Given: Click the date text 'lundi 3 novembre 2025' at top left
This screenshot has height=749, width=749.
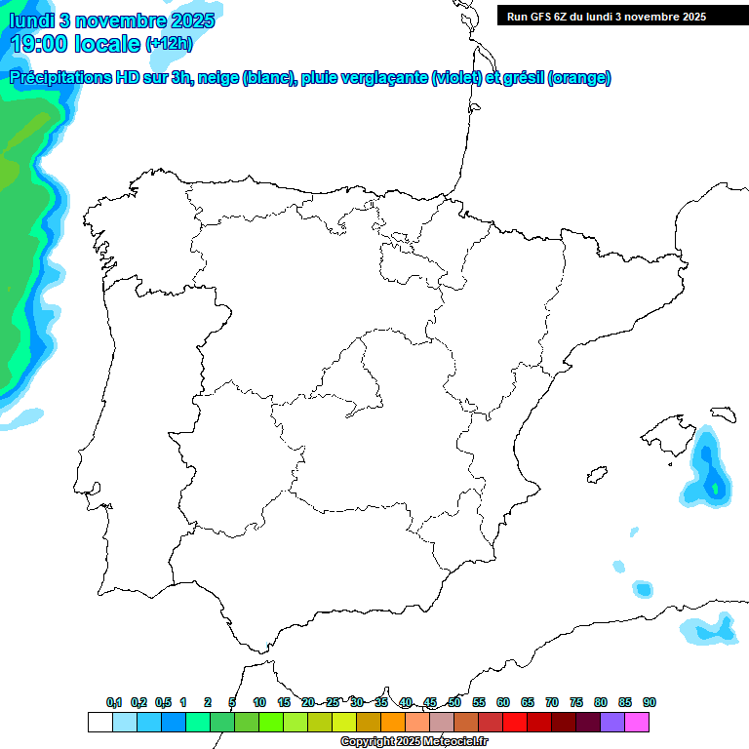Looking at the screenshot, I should (x=112, y=20).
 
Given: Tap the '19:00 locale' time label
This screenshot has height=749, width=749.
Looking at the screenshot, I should (x=76, y=43).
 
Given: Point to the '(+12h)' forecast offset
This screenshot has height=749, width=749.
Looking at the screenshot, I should (x=169, y=44).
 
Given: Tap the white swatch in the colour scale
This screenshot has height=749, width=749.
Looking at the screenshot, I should (x=99, y=723).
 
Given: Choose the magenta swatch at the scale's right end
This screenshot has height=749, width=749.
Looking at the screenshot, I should (x=637, y=723).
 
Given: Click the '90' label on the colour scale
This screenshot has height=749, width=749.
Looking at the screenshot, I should (x=650, y=703).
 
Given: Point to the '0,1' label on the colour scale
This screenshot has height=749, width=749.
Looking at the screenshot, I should (x=114, y=703).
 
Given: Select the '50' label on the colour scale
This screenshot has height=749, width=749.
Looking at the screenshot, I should (x=454, y=703).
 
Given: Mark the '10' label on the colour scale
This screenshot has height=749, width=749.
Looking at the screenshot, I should (x=259, y=703).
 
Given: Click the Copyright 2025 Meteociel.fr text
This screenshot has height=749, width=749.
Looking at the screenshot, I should (x=414, y=742).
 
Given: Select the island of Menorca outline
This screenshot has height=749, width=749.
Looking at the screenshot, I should (x=723, y=414).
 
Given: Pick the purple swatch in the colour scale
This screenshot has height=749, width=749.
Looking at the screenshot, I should (x=612, y=723).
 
